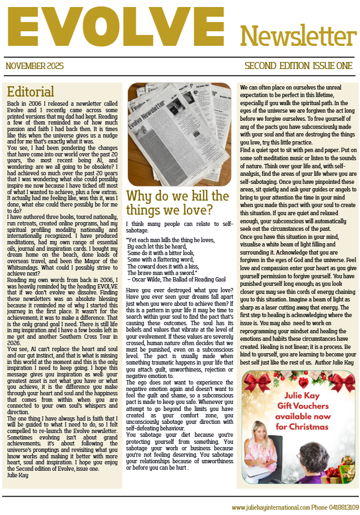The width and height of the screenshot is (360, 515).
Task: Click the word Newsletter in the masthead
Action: (298, 36)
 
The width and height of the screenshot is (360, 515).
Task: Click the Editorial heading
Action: (31, 91)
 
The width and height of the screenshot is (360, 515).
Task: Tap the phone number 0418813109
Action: (343, 507)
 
